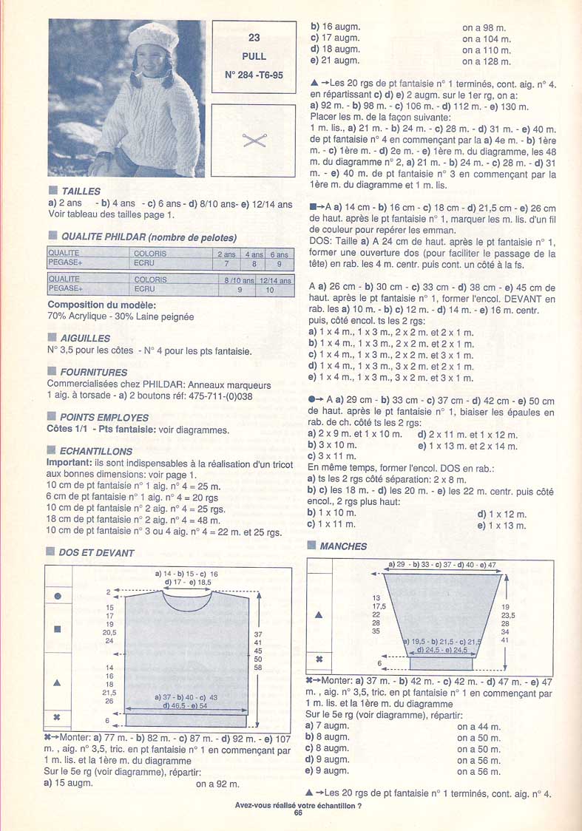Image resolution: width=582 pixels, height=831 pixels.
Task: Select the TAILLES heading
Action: (x=81, y=191)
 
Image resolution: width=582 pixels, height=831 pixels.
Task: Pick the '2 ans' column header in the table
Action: (x=226, y=254)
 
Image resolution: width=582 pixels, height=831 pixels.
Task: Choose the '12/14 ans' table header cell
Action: (x=275, y=280)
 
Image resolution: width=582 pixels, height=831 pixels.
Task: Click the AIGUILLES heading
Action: (x=85, y=339)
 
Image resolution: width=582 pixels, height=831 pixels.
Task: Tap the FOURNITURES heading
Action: (x=93, y=373)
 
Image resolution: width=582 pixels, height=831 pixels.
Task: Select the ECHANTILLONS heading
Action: (x=96, y=451)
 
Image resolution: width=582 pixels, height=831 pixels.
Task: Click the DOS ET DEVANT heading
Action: (x=97, y=552)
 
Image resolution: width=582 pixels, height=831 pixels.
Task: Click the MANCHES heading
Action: (x=343, y=546)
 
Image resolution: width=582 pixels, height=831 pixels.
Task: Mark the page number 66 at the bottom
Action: (x=298, y=813)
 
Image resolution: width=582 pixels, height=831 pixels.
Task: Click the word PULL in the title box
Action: (x=254, y=55)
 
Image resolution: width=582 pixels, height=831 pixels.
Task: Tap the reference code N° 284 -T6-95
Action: (x=254, y=75)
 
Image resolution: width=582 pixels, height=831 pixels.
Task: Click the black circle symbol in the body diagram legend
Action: (x=57, y=597)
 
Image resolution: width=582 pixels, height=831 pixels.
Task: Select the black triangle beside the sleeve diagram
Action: (x=319, y=614)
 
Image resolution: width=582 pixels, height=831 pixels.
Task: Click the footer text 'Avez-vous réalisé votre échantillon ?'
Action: (x=297, y=804)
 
